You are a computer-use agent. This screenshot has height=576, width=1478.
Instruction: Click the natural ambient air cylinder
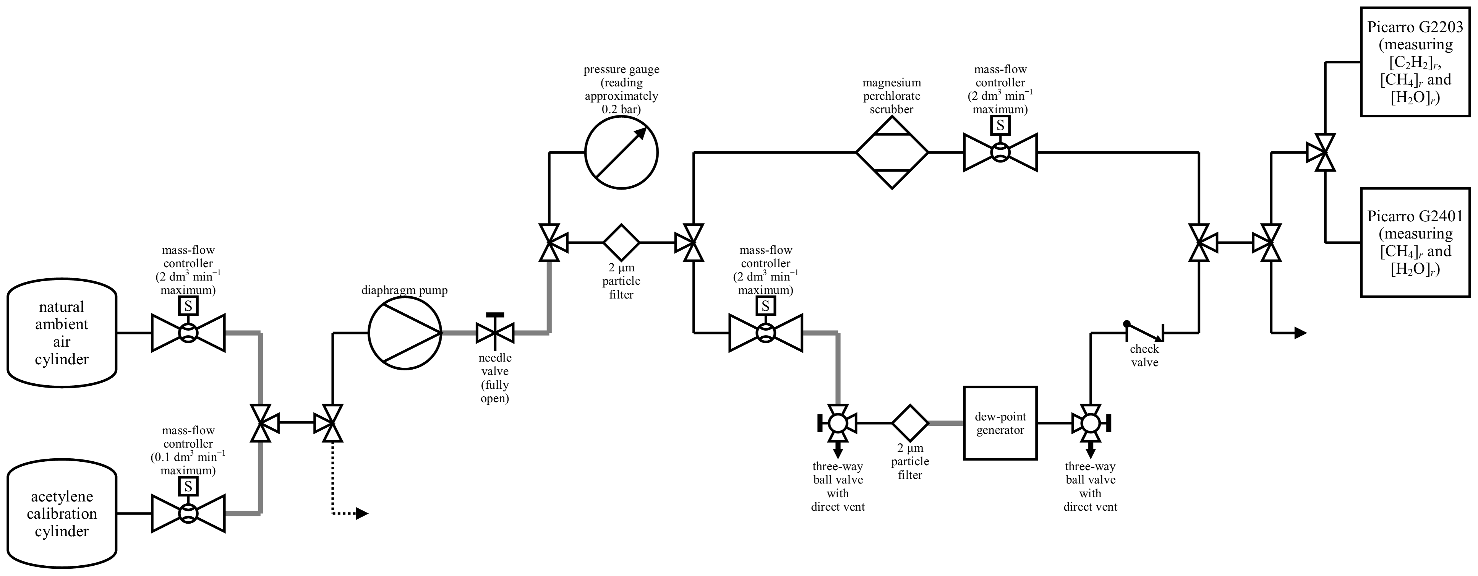click(x=62, y=333)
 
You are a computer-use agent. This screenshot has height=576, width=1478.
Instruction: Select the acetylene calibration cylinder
click(x=62, y=513)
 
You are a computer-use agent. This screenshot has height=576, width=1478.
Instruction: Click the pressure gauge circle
click(x=621, y=153)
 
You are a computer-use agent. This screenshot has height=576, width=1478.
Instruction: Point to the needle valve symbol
click(x=495, y=332)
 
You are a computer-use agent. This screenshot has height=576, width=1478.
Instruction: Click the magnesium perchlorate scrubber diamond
click(x=891, y=153)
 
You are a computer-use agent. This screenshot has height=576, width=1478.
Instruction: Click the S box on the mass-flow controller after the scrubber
click(x=1000, y=125)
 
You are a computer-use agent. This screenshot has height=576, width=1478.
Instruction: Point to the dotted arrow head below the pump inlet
click(x=361, y=513)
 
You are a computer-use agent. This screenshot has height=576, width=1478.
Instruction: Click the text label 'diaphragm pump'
click(x=405, y=290)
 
